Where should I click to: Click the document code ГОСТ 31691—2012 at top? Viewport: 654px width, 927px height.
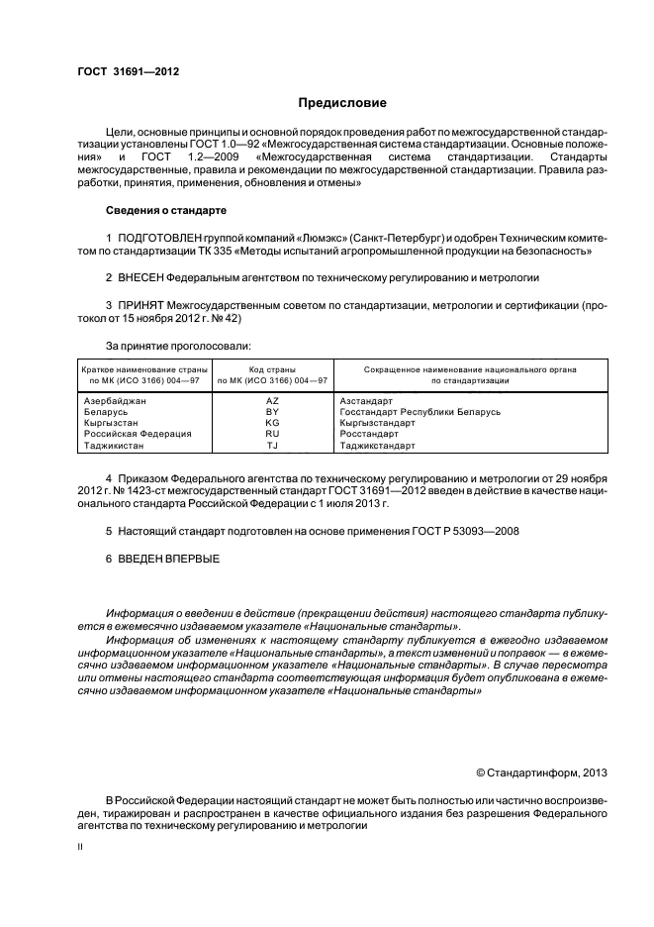(128, 71)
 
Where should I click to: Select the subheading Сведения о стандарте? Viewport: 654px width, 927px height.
(166, 211)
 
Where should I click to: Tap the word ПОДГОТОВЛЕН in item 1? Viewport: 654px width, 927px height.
(158, 239)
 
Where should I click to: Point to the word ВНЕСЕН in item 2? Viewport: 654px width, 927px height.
(140, 279)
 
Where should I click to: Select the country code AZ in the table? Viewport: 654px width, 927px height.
(273, 401)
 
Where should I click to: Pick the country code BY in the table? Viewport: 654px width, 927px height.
(273, 412)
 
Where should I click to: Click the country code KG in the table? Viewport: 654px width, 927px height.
(273, 423)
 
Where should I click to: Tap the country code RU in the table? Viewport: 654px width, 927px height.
(273, 434)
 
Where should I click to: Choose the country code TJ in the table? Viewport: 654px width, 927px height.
(273, 446)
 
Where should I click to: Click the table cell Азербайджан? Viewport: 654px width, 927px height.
(115, 401)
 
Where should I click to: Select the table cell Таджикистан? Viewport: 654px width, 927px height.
(114, 446)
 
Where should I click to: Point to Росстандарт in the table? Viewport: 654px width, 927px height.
(369, 434)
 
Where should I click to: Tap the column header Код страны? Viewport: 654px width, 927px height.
(273, 368)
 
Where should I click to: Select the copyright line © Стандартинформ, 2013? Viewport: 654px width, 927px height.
(541, 772)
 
